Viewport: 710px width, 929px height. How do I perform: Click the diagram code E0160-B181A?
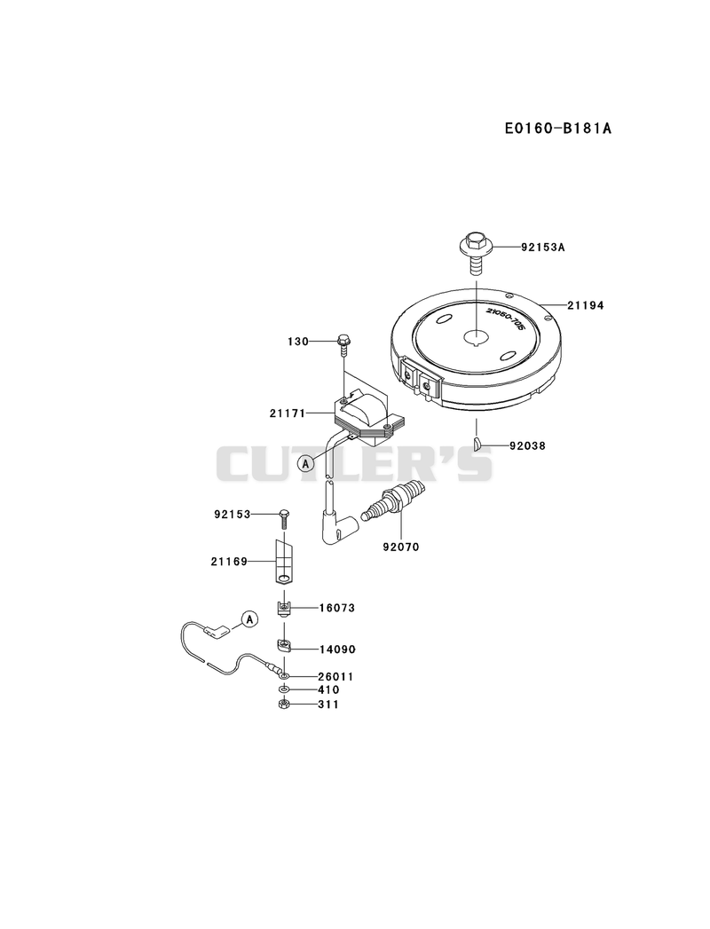(x=557, y=128)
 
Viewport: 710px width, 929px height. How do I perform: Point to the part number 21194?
(x=586, y=305)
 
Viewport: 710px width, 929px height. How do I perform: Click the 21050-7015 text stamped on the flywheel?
(x=505, y=319)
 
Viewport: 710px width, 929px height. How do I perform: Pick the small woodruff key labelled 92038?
(x=477, y=444)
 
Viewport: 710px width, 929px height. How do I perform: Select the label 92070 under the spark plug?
(x=400, y=547)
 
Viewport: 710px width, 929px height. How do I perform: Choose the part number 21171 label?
(x=288, y=413)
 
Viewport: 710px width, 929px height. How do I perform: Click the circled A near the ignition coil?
(x=306, y=463)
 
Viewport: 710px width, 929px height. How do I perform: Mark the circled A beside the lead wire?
(x=249, y=619)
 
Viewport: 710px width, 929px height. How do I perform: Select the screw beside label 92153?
(x=284, y=518)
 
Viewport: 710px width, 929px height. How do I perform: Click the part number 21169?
(x=229, y=561)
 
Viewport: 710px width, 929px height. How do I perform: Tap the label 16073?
(x=337, y=608)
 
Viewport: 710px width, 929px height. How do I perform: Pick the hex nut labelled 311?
(x=283, y=704)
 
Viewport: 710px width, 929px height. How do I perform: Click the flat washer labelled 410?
(x=284, y=689)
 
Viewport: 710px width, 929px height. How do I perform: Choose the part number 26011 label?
(x=336, y=676)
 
